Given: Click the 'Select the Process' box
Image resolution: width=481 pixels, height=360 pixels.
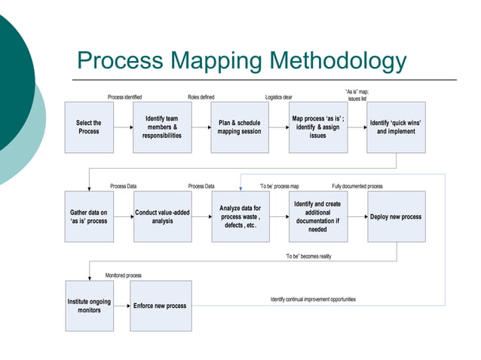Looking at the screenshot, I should [89, 127].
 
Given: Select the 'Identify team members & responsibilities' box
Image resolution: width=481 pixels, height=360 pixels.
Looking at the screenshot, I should [162, 127].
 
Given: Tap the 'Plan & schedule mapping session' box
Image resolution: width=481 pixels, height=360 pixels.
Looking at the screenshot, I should [239, 127].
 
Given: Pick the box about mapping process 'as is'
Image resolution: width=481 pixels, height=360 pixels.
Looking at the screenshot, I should [317, 127].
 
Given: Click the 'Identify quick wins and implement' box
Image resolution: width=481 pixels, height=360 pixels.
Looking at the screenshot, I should [396, 127].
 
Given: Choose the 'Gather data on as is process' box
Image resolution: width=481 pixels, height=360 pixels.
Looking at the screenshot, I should [89, 217].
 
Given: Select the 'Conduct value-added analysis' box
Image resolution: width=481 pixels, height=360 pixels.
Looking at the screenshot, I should [162, 217].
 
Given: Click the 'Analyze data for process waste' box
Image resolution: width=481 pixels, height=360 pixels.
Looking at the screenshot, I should [240, 217].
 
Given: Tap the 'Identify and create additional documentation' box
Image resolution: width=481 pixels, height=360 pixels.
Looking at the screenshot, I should [317, 217].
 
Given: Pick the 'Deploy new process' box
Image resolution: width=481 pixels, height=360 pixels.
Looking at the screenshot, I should [396, 217].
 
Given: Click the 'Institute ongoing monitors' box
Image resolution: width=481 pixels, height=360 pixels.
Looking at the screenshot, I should [89, 306].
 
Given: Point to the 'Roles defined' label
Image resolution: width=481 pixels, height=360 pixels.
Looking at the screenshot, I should [201, 97].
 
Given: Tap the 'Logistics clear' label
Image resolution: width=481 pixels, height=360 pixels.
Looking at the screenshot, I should [279, 97].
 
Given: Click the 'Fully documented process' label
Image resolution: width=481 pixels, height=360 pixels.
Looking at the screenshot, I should [357, 186].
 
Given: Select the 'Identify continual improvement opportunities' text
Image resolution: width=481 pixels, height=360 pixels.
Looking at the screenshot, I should [313, 299].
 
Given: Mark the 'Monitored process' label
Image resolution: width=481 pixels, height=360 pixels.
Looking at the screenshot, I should [124, 276].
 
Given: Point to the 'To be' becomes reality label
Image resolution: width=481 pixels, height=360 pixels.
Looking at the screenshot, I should [308, 256].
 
